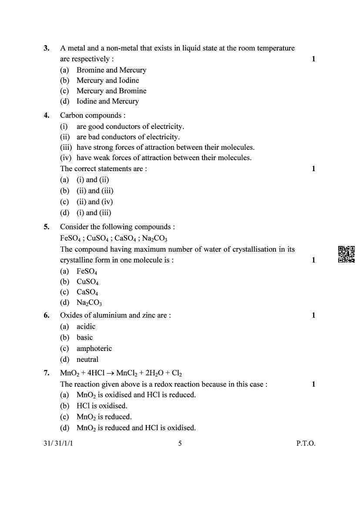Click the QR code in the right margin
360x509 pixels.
(346, 254)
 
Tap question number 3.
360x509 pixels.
(47, 48)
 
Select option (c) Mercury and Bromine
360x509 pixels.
(111, 91)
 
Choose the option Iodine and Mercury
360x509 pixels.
(107, 101)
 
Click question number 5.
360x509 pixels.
(47, 227)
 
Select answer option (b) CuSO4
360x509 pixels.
(87, 282)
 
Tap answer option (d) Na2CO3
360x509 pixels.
(89, 303)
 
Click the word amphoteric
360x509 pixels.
(94, 348)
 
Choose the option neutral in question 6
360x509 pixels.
(87, 360)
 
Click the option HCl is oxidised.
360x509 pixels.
(101, 406)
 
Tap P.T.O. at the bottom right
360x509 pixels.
(306, 444)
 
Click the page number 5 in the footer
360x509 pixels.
(180, 444)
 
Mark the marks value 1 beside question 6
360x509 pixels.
(313, 315)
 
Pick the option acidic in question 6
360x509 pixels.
(86, 327)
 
